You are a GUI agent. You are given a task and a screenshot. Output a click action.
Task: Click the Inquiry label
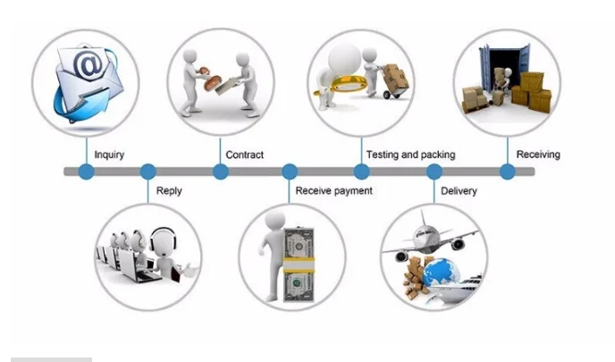pyautogui.click(x=109, y=155)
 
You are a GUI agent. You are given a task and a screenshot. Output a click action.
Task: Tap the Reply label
pyautogui.click(x=169, y=190)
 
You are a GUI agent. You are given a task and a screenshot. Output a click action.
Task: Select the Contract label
pyautogui.click(x=244, y=155)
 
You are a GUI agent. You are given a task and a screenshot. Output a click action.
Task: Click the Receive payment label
pyautogui.click(x=333, y=190)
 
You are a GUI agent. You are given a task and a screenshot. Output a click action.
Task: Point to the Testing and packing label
pyautogui.click(x=409, y=155)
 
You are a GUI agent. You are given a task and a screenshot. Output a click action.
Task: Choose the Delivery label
pyautogui.click(x=459, y=190)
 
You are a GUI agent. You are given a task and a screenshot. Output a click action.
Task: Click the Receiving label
pyautogui.click(x=538, y=155)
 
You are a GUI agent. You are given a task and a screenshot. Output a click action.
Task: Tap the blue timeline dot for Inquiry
pyautogui.click(x=86, y=172)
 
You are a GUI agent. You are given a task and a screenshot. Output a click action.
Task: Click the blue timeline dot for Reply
pyautogui.click(x=148, y=172)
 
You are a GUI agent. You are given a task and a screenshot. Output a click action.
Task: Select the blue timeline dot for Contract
pyautogui.click(x=221, y=172)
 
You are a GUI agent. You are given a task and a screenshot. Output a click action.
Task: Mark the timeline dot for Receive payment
pyautogui.click(x=289, y=172)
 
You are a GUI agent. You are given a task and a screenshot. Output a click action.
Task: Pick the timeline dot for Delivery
pyautogui.click(x=434, y=172)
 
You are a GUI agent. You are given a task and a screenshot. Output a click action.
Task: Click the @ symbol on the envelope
pyautogui.click(x=88, y=65)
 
